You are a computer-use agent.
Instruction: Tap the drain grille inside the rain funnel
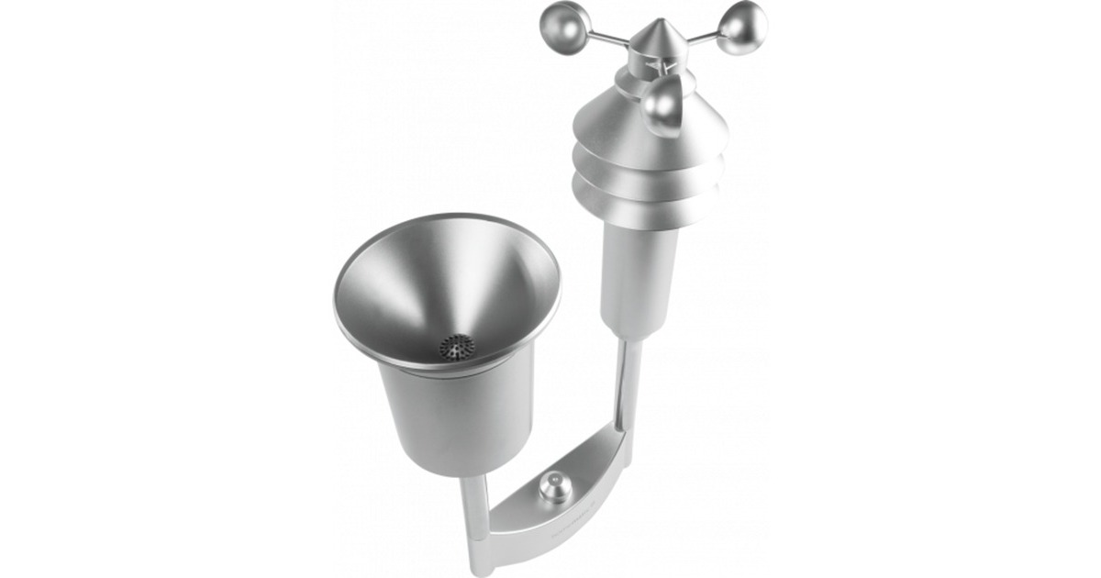tap(456, 347)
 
